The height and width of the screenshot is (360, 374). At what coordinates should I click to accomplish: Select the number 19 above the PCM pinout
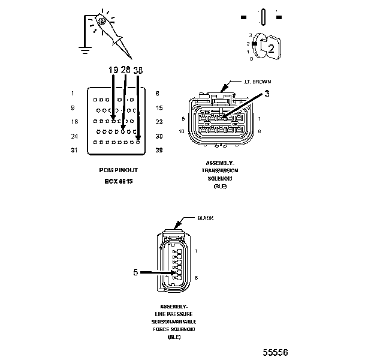[x=113, y=70]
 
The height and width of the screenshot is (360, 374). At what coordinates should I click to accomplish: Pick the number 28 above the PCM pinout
[x=125, y=70]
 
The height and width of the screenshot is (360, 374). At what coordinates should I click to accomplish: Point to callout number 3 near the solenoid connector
[x=267, y=93]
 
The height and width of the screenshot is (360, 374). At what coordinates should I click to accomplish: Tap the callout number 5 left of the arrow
[x=135, y=272]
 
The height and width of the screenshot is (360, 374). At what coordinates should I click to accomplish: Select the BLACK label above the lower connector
[x=206, y=218]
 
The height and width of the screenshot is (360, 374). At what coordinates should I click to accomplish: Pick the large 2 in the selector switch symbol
[x=271, y=50]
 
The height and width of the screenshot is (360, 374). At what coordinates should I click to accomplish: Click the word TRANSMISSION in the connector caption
[x=217, y=170]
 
